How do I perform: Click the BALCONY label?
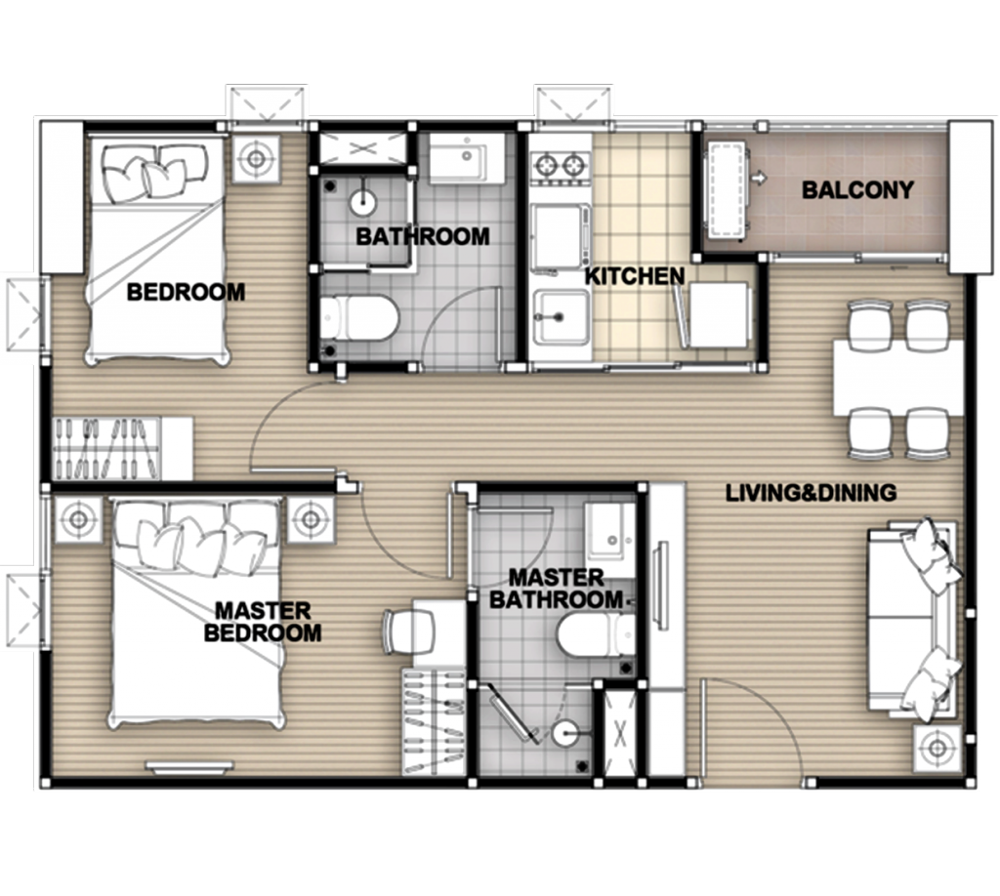[x=857, y=190]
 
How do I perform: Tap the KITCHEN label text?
[x=635, y=276]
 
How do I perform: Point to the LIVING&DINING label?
[x=812, y=493]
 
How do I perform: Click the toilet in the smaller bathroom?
[x=359, y=316]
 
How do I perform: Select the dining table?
[x=898, y=379]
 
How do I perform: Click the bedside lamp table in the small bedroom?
[x=256, y=159]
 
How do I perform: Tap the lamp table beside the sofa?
[x=937, y=749]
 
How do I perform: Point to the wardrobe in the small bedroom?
[x=122, y=448]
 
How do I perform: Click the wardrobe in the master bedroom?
[x=434, y=721]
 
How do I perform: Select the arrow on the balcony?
[x=758, y=179]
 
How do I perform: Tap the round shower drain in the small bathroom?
[x=363, y=203]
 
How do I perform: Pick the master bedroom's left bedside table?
[x=78, y=520]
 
